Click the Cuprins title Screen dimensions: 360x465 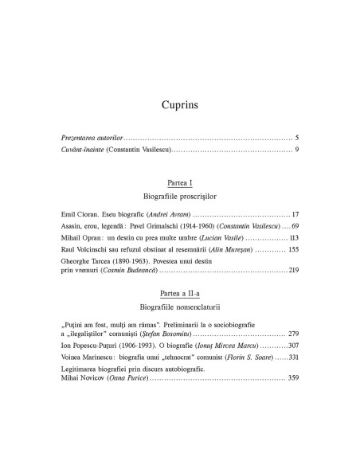point(179,104)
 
